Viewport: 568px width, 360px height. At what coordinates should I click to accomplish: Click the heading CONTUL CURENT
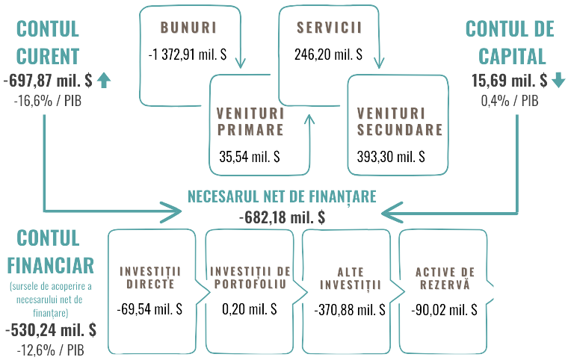(x=47, y=43)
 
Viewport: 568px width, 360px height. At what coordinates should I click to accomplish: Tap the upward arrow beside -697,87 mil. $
(x=103, y=80)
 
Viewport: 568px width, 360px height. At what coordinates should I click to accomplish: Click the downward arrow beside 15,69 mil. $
(x=559, y=80)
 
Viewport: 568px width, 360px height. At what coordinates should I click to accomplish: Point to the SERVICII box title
(x=329, y=28)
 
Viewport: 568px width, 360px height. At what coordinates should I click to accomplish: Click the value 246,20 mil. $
(x=329, y=54)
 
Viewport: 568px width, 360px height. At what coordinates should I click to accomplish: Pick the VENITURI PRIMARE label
(x=250, y=122)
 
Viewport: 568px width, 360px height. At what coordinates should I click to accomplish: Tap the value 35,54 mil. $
(x=250, y=157)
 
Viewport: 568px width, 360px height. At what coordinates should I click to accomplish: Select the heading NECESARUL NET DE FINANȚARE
(x=282, y=196)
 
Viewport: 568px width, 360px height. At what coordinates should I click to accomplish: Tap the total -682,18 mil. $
(x=282, y=217)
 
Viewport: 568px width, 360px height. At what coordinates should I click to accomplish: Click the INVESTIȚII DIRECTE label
(x=151, y=276)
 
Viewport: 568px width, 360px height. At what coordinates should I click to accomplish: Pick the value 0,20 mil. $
(x=250, y=308)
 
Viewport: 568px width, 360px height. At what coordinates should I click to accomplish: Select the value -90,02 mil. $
(x=444, y=308)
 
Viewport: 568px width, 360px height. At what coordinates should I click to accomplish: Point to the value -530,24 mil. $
(x=50, y=329)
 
